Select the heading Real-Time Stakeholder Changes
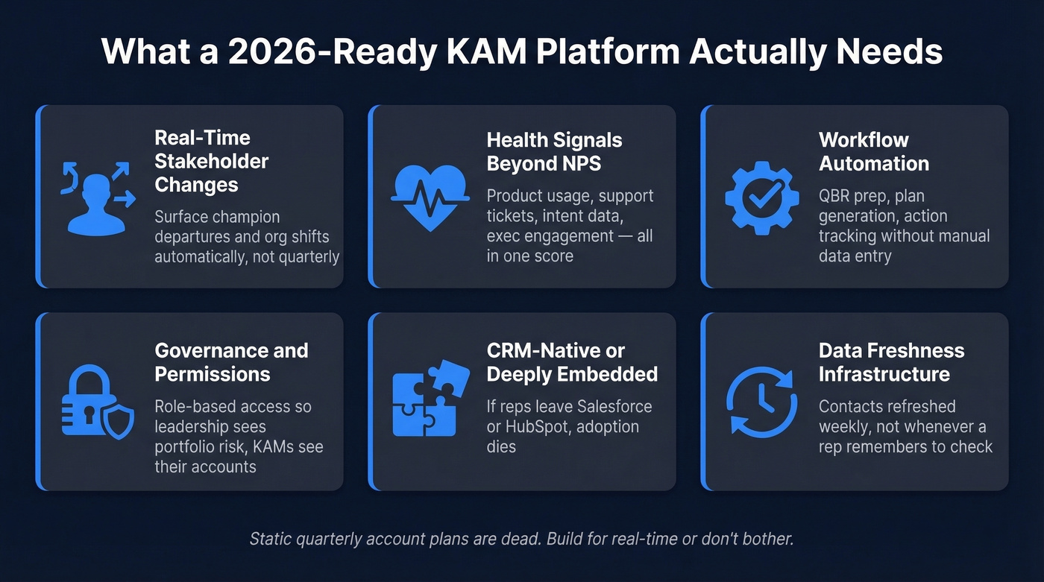click(x=211, y=161)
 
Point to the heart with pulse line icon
click(x=429, y=196)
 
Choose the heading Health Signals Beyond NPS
click(x=554, y=151)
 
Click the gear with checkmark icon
click(x=761, y=196)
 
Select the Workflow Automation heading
click(x=873, y=151)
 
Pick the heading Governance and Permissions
click(x=231, y=362)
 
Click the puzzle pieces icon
click(x=429, y=403)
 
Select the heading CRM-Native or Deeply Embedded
click(x=572, y=362)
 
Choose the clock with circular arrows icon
click(x=761, y=403)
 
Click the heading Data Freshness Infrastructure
click(x=891, y=362)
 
